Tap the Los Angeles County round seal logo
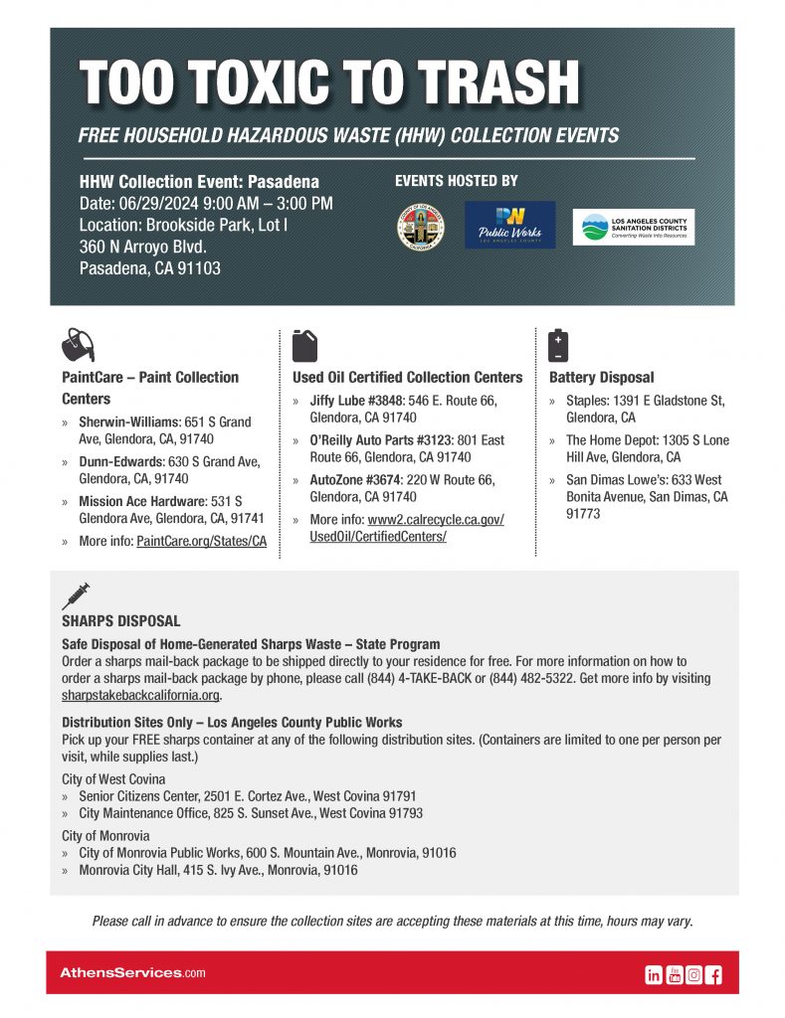click(420, 228)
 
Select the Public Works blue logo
click(509, 226)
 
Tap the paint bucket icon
click(78, 345)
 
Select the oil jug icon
click(305, 345)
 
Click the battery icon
click(558, 345)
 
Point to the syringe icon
click(76, 595)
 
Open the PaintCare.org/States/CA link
click(201, 541)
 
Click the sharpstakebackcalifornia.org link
click(140, 695)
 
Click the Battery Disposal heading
click(601, 378)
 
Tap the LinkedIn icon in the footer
click(654, 975)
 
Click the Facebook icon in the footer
click(713, 975)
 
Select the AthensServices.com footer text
click(132, 972)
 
